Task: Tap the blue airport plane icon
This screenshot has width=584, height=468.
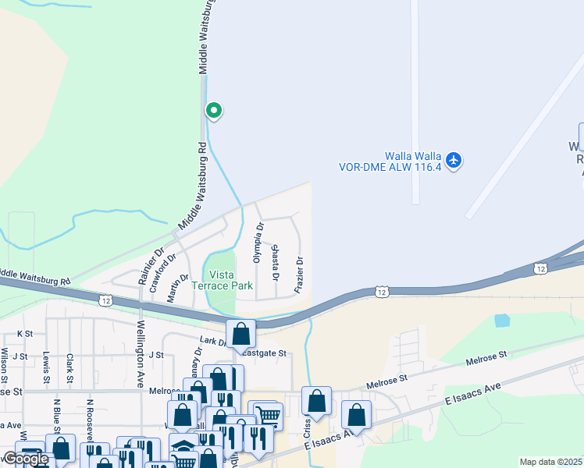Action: point(454,161)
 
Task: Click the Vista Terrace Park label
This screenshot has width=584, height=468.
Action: point(230,280)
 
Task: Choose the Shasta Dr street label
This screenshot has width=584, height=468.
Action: point(275,261)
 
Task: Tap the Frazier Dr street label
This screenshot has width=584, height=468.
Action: point(299,275)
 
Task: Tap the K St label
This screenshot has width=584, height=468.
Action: point(25,334)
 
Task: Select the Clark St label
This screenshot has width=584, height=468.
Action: point(70,368)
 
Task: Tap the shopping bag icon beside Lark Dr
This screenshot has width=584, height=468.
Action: point(241,334)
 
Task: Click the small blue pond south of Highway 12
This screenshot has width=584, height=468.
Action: point(502,320)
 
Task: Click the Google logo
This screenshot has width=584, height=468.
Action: point(26,459)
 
